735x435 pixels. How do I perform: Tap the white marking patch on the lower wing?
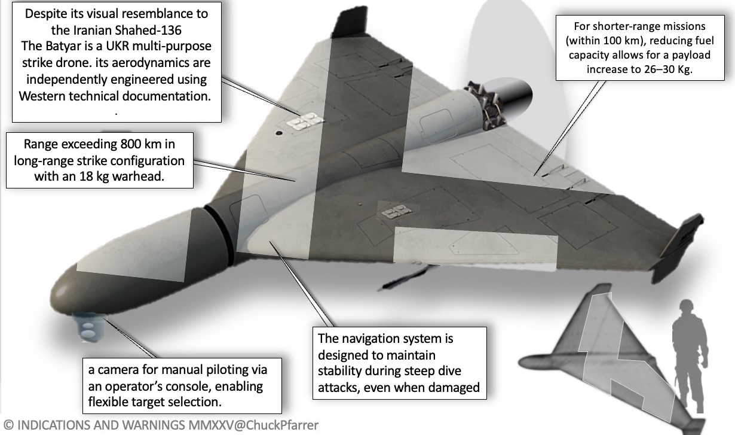(392, 212)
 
